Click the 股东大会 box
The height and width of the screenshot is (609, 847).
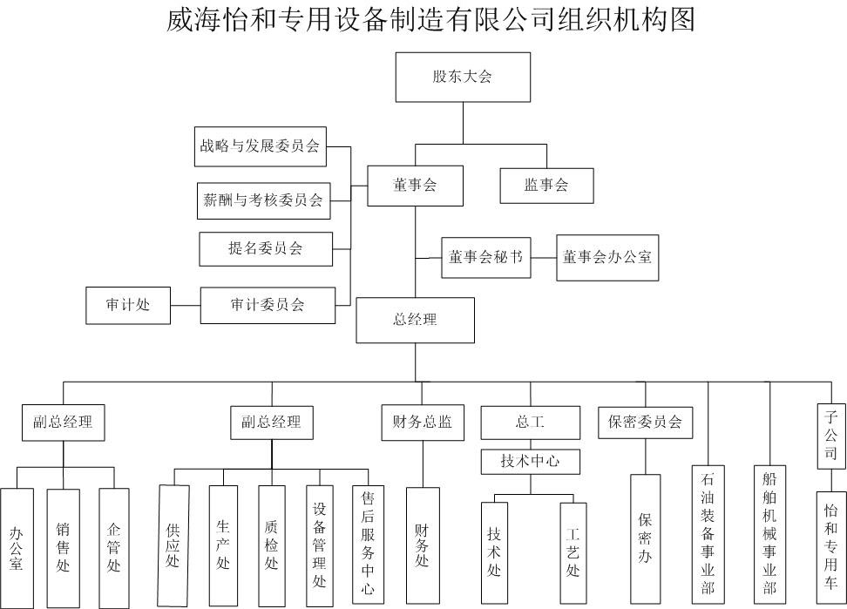pyautogui.click(x=463, y=78)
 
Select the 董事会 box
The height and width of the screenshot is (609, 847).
pyautogui.click(x=415, y=186)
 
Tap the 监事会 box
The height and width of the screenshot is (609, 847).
pyautogui.click(x=546, y=186)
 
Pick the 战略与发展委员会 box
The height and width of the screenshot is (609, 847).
pyautogui.click(x=261, y=147)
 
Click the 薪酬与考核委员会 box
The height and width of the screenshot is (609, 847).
pyautogui.click(x=264, y=201)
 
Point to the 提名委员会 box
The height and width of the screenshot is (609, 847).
pyautogui.click(x=266, y=249)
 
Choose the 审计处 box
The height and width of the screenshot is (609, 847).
pyautogui.click(x=128, y=306)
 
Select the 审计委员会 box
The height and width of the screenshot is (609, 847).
pyautogui.click(x=268, y=306)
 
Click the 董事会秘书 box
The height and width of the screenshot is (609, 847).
pyautogui.click(x=486, y=258)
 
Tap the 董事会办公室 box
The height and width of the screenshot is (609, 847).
pyautogui.click(x=607, y=258)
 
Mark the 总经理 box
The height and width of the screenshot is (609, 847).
pyautogui.click(x=416, y=320)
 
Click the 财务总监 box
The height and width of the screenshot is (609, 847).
pyautogui.click(x=423, y=423)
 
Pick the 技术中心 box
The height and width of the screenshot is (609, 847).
pyautogui.click(x=531, y=462)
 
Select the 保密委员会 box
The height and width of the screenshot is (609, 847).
pyautogui.click(x=646, y=423)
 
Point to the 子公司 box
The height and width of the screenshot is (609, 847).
pyautogui.click(x=830, y=436)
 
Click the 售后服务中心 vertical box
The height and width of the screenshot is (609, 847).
pyautogui.click(x=369, y=545)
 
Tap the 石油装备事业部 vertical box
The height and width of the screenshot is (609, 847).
pyautogui.click(x=708, y=534)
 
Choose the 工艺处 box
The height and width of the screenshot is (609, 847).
pyautogui.click(x=573, y=553)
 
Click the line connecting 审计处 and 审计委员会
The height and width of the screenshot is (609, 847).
pyautogui.click(x=186, y=306)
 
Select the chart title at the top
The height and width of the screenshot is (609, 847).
pyautogui.click(x=430, y=19)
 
